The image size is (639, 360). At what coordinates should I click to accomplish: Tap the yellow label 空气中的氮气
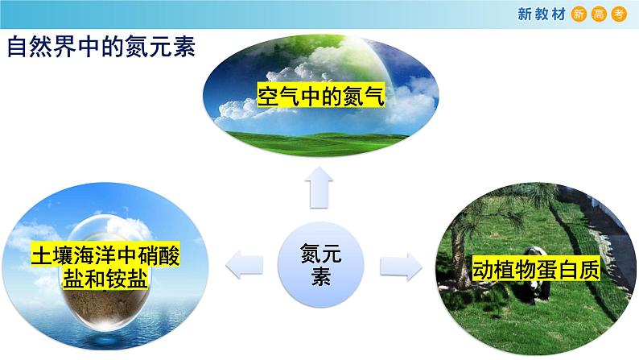click(x=320, y=97)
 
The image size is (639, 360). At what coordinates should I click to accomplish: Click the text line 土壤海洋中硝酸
click(x=105, y=256)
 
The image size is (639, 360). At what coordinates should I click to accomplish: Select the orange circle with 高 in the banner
click(x=600, y=13)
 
